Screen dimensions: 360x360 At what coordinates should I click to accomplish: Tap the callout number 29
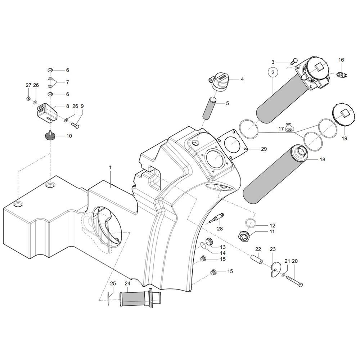click(x=264, y=149)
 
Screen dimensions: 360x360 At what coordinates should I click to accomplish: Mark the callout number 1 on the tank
click(x=111, y=168)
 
